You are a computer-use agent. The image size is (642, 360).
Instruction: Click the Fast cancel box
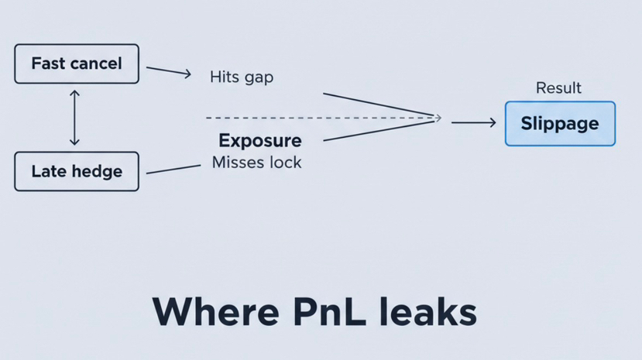(x=77, y=63)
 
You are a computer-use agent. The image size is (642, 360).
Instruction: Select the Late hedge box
(x=77, y=171)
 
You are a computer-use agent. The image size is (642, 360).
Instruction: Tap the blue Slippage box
(x=559, y=124)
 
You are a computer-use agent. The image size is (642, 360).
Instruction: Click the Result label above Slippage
(x=558, y=88)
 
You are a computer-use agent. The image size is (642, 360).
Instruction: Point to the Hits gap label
(x=242, y=77)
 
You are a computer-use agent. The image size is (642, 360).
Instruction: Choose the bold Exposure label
(x=260, y=141)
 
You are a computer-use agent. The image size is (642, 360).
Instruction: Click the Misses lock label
(x=256, y=163)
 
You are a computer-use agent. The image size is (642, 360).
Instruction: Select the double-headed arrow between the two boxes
(x=74, y=118)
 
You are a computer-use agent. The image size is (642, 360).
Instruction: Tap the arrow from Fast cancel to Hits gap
(x=168, y=71)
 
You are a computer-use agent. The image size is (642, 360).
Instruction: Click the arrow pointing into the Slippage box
(x=473, y=122)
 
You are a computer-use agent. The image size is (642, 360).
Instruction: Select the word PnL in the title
(x=331, y=311)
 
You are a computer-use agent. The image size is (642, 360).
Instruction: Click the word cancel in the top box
(x=95, y=63)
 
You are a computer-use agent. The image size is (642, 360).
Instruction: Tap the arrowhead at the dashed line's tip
(x=438, y=118)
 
